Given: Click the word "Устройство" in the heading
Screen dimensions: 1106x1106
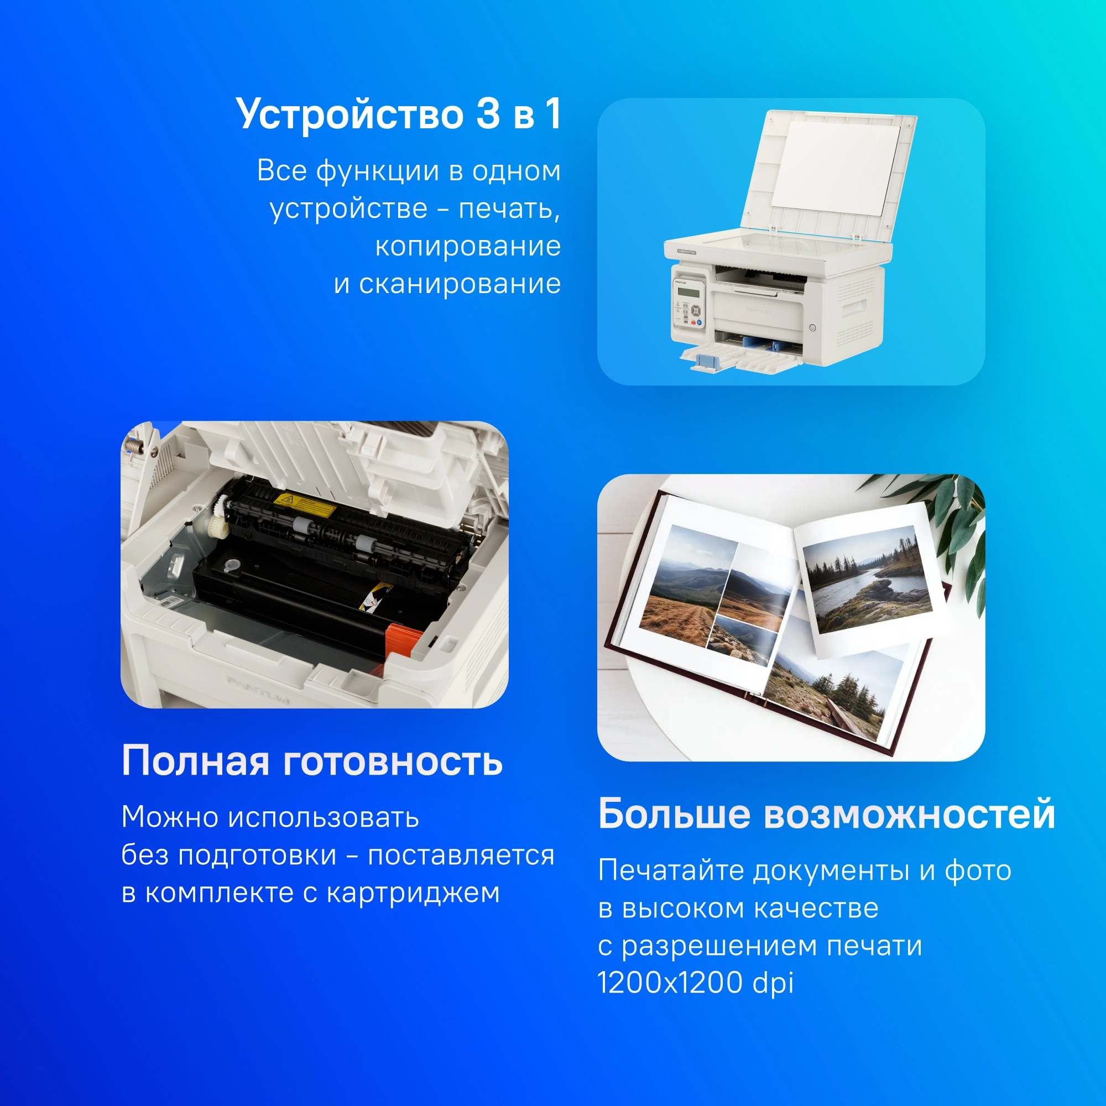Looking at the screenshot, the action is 350,114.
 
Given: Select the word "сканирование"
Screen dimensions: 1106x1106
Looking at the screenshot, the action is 460,284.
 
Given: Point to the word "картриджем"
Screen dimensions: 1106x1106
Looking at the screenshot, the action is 413,894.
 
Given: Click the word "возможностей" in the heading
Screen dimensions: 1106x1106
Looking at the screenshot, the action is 909,813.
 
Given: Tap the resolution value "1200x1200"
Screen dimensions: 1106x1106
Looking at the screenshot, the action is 669,983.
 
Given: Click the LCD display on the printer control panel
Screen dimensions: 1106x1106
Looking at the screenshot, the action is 688,293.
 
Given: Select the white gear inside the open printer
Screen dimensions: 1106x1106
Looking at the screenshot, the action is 218,517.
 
